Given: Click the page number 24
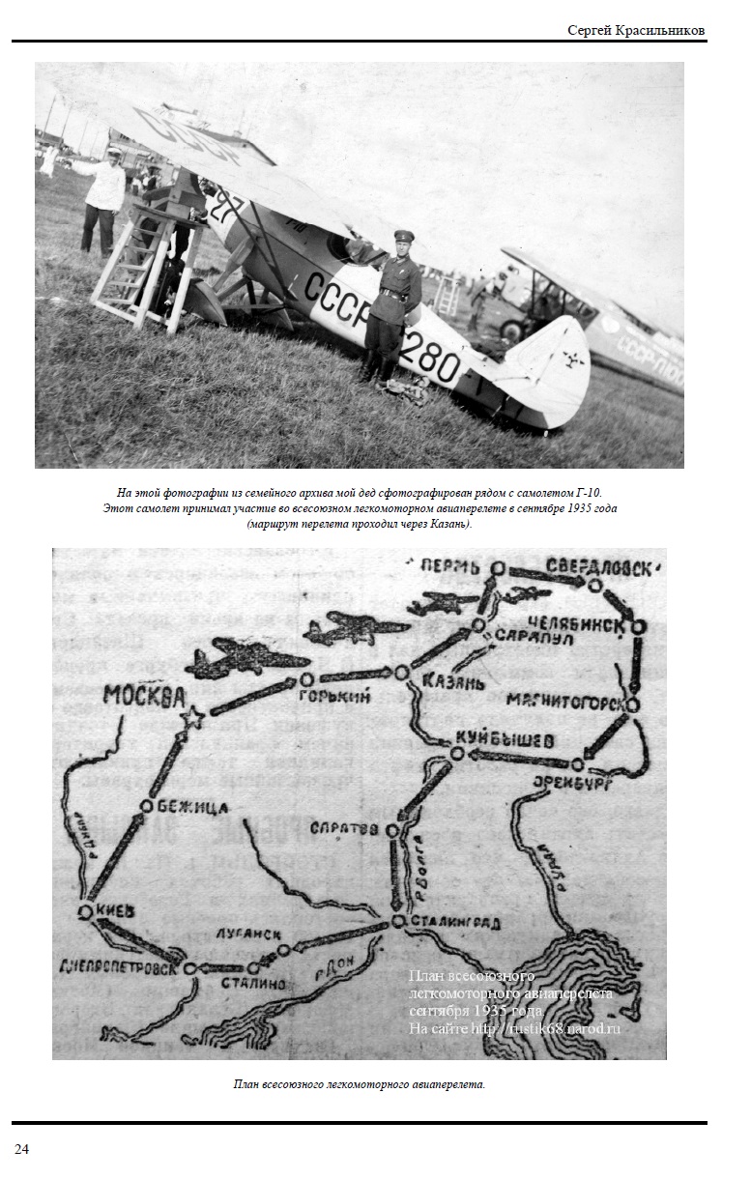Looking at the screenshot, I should point(21,1148).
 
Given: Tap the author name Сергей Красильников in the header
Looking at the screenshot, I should point(635,30).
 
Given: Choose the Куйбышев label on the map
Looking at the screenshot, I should point(512,741).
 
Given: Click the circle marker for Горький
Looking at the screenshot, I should point(306,679).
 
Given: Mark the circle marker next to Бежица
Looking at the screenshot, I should point(146,806).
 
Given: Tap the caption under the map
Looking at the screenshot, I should point(359,1084).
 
